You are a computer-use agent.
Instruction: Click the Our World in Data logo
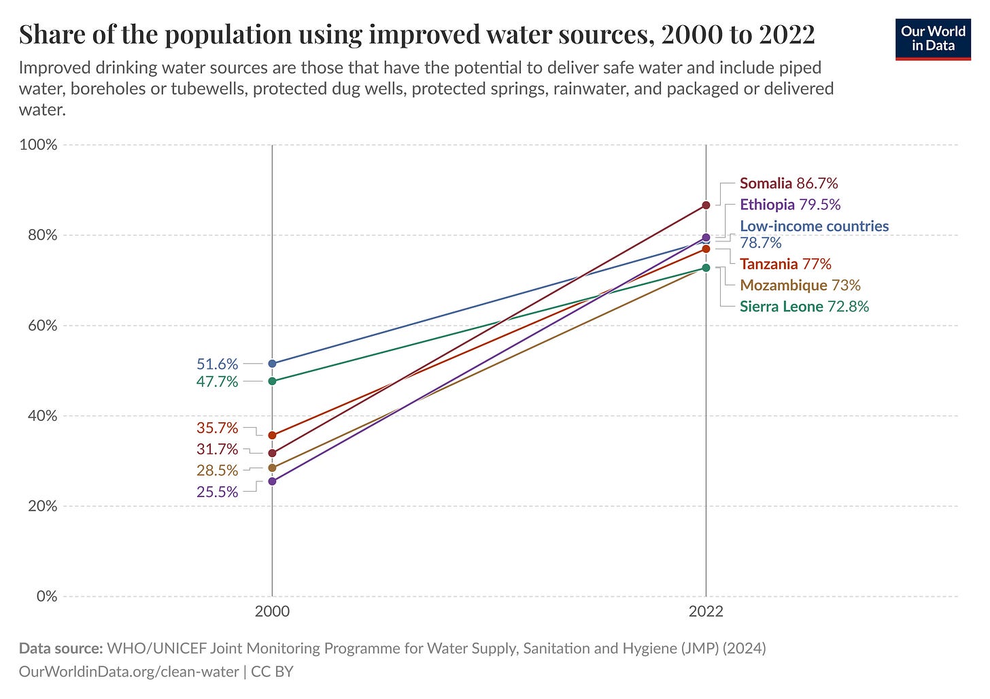pyautogui.click(x=933, y=39)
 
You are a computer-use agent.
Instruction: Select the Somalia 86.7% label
pyautogui.click(x=789, y=183)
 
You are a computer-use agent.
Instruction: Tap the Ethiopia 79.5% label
pyautogui.click(x=790, y=205)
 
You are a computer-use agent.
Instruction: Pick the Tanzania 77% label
pyautogui.click(x=785, y=264)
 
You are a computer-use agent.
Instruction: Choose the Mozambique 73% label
pyautogui.click(x=800, y=285)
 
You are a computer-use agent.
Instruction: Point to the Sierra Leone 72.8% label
pyautogui.click(x=804, y=306)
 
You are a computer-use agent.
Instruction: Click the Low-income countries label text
pyautogui.click(x=814, y=226)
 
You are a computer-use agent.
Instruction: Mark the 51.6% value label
pyautogui.click(x=217, y=364)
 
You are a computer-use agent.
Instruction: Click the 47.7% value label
pyautogui.click(x=217, y=381)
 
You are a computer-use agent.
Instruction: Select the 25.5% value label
pyautogui.click(x=217, y=492)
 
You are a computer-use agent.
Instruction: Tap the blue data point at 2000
pyautogui.click(x=273, y=364)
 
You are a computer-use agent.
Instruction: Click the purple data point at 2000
pyautogui.click(x=273, y=481)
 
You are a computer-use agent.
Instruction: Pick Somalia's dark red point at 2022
pyautogui.click(x=706, y=205)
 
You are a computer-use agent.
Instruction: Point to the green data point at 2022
pyautogui.click(x=706, y=268)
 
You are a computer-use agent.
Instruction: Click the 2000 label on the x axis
pyautogui.click(x=272, y=611)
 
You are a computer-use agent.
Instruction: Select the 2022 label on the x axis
pyautogui.click(x=706, y=611)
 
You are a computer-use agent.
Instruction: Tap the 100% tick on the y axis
pyautogui.click(x=39, y=145)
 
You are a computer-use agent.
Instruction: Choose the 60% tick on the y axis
pyautogui.click(x=41, y=326)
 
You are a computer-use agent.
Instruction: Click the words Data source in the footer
pyautogui.click(x=61, y=648)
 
